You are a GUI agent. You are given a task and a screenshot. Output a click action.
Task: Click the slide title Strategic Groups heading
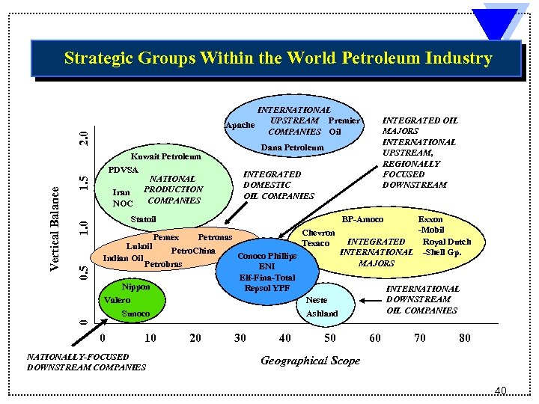point(278,58)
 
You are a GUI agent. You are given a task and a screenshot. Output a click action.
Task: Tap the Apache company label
point(240,126)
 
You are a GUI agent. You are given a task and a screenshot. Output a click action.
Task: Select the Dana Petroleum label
point(293,147)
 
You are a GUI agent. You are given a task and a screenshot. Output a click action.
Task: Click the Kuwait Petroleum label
point(166,157)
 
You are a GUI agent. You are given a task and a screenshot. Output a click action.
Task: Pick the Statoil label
point(143,219)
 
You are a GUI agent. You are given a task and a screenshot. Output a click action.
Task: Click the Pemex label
point(165,237)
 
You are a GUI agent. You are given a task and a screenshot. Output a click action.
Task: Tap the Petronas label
point(215,237)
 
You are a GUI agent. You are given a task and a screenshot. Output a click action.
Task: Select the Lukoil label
point(140,246)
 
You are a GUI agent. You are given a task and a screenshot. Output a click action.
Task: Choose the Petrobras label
point(162,264)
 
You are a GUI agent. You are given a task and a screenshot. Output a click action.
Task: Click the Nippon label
point(135,287)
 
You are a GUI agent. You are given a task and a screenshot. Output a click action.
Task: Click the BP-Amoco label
point(362,219)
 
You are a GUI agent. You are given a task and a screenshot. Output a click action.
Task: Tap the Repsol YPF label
point(267,288)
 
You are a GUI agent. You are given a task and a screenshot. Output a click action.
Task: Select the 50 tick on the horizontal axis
point(330,338)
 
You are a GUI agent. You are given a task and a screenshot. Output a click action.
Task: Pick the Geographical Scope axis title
point(310,361)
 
